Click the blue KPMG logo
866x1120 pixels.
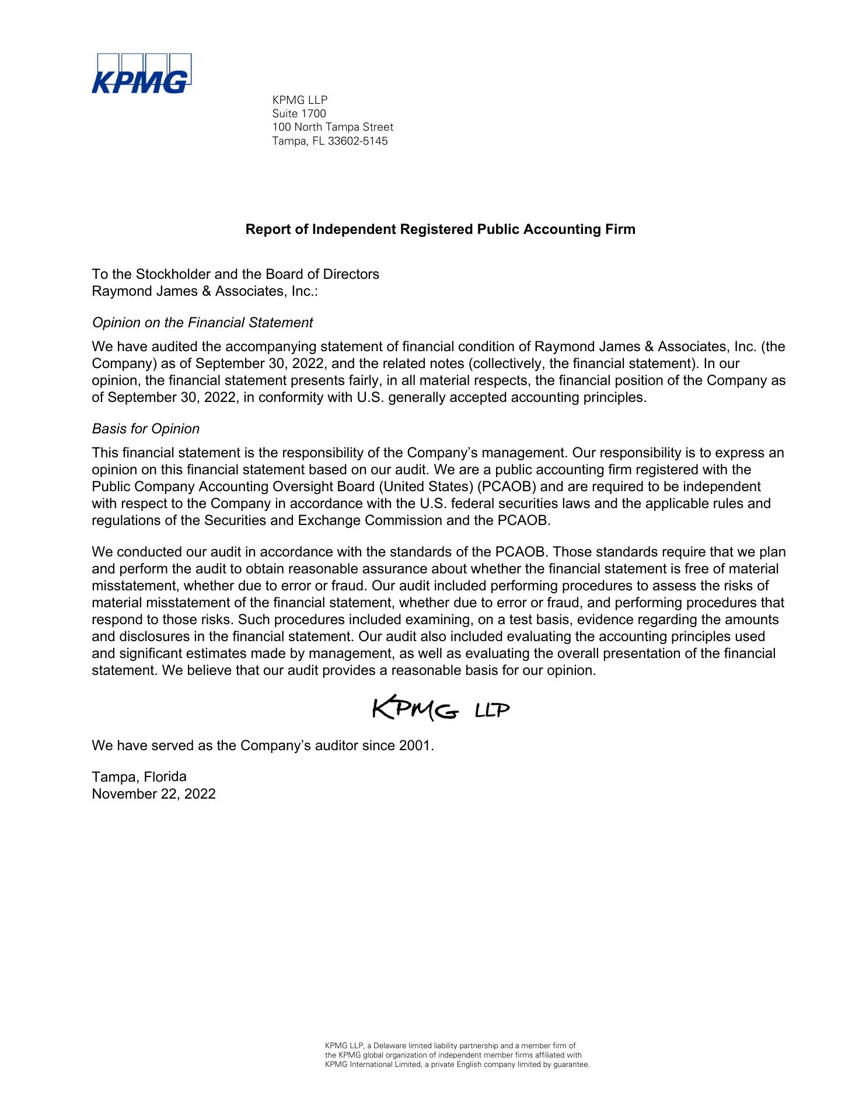click(141, 74)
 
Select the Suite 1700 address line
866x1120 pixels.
click(299, 113)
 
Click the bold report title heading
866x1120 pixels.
click(440, 229)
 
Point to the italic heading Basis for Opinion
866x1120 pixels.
click(146, 429)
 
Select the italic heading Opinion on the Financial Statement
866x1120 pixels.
click(202, 323)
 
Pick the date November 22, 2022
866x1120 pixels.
click(153, 794)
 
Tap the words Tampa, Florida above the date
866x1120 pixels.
click(139, 777)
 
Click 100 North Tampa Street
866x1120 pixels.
click(333, 127)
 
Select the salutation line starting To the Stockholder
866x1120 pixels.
click(235, 274)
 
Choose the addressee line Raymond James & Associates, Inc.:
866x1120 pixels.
click(205, 291)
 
